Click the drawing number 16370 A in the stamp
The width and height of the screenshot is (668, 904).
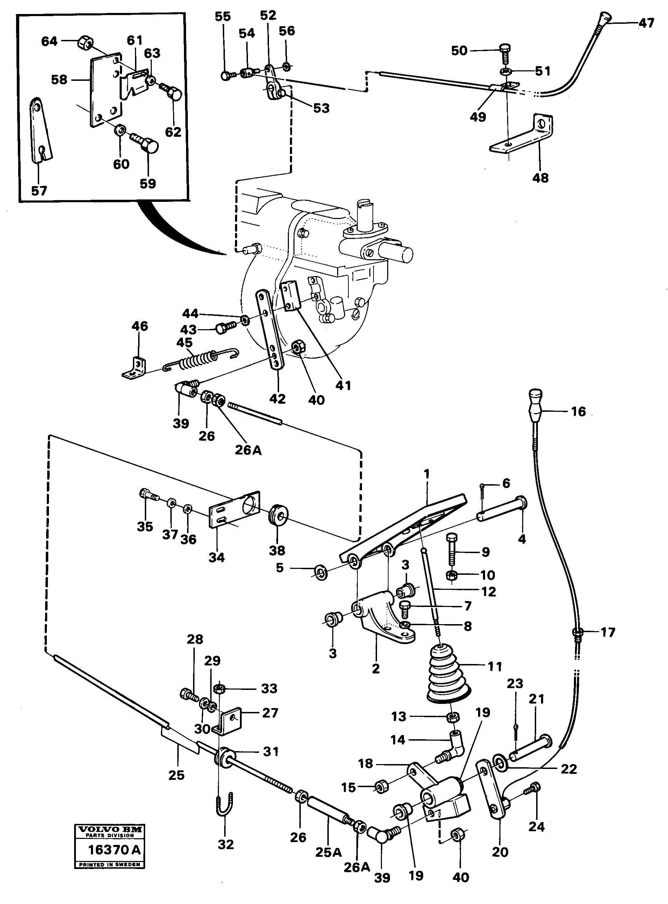coord(114,849)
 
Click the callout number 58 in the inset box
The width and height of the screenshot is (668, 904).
coord(59,80)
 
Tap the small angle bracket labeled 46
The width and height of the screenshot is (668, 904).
coord(135,368)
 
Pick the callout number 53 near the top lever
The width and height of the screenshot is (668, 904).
coord(321,108)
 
